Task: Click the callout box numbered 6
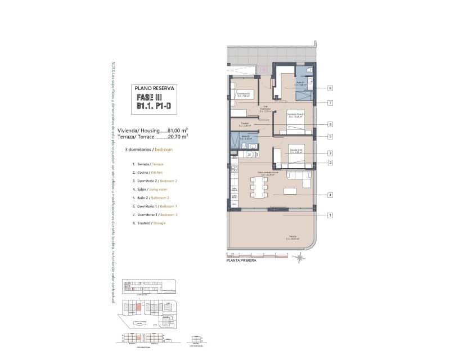pos(331,88)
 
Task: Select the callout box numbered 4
pos(331,195)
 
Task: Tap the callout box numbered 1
pos(331,215)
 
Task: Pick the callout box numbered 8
pos(331,124)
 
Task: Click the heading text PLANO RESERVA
pos(155,88)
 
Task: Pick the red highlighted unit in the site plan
pos(138,307)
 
